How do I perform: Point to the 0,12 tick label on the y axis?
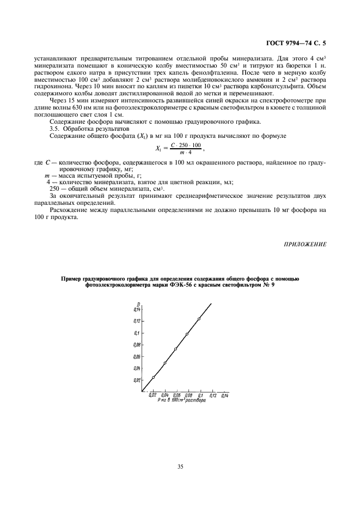137,320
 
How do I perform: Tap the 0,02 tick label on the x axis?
153,396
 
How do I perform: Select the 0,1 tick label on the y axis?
137,332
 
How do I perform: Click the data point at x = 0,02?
153,377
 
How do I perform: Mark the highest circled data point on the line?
199,319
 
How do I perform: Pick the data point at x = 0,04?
165,363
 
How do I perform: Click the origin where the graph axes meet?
142,391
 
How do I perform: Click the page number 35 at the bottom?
180,466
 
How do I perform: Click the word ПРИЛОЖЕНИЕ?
305,244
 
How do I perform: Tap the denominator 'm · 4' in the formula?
186,152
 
